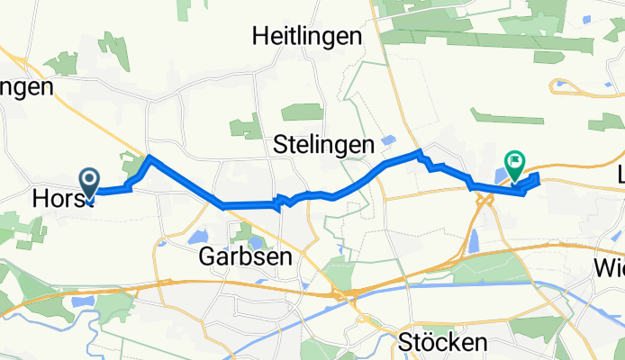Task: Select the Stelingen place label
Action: coord(323,144)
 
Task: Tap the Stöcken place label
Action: coord(442,342)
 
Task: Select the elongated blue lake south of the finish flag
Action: coord(474,240)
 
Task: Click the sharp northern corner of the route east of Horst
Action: coord(149,158)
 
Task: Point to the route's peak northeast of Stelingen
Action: coord(418,153)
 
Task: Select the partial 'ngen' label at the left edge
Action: coord(27,87)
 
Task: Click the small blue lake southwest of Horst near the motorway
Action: coord(75,304)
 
